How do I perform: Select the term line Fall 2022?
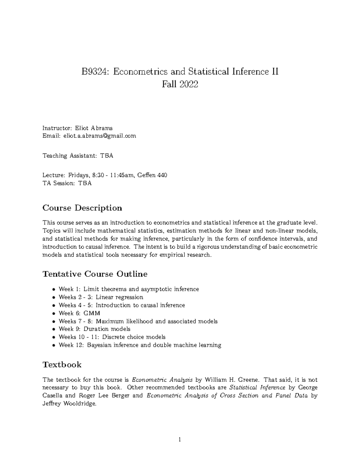(x=180, y=84)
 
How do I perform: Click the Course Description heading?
(x=82, y=208)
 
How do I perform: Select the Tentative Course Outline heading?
(x=95, y=274)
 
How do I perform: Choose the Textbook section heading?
(x=62, y=365)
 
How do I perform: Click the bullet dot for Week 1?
(x=53, y=290)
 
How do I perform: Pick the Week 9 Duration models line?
(x=94, y=329)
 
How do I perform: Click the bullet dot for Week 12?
(x=53, y=345)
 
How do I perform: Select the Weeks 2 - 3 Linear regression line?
(x=101, y=297)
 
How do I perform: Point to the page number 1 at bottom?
(x=180, y=440)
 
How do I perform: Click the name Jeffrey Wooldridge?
(x=69, y=404)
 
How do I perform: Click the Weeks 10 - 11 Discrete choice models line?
(x=112, y=337)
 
